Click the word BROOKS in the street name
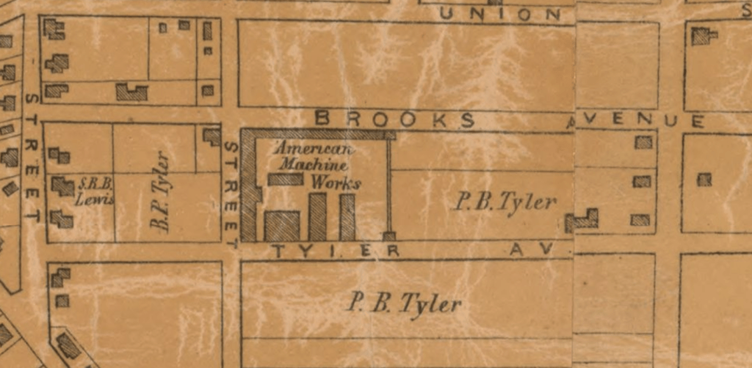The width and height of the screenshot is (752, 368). click(395, 119)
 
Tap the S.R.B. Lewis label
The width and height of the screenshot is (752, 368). click(95, 188)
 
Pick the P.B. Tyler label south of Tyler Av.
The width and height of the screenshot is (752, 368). click(405, 303)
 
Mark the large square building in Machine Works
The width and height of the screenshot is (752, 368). click(282, 226)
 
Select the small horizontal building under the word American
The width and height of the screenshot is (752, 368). click(285, 179)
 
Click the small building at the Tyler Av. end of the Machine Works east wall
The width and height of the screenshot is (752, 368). click(389, 236)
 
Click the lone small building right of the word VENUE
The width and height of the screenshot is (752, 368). click(704, 179)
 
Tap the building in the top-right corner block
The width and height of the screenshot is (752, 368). click(703, 36)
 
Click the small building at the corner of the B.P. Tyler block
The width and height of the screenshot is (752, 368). click(211, 136)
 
